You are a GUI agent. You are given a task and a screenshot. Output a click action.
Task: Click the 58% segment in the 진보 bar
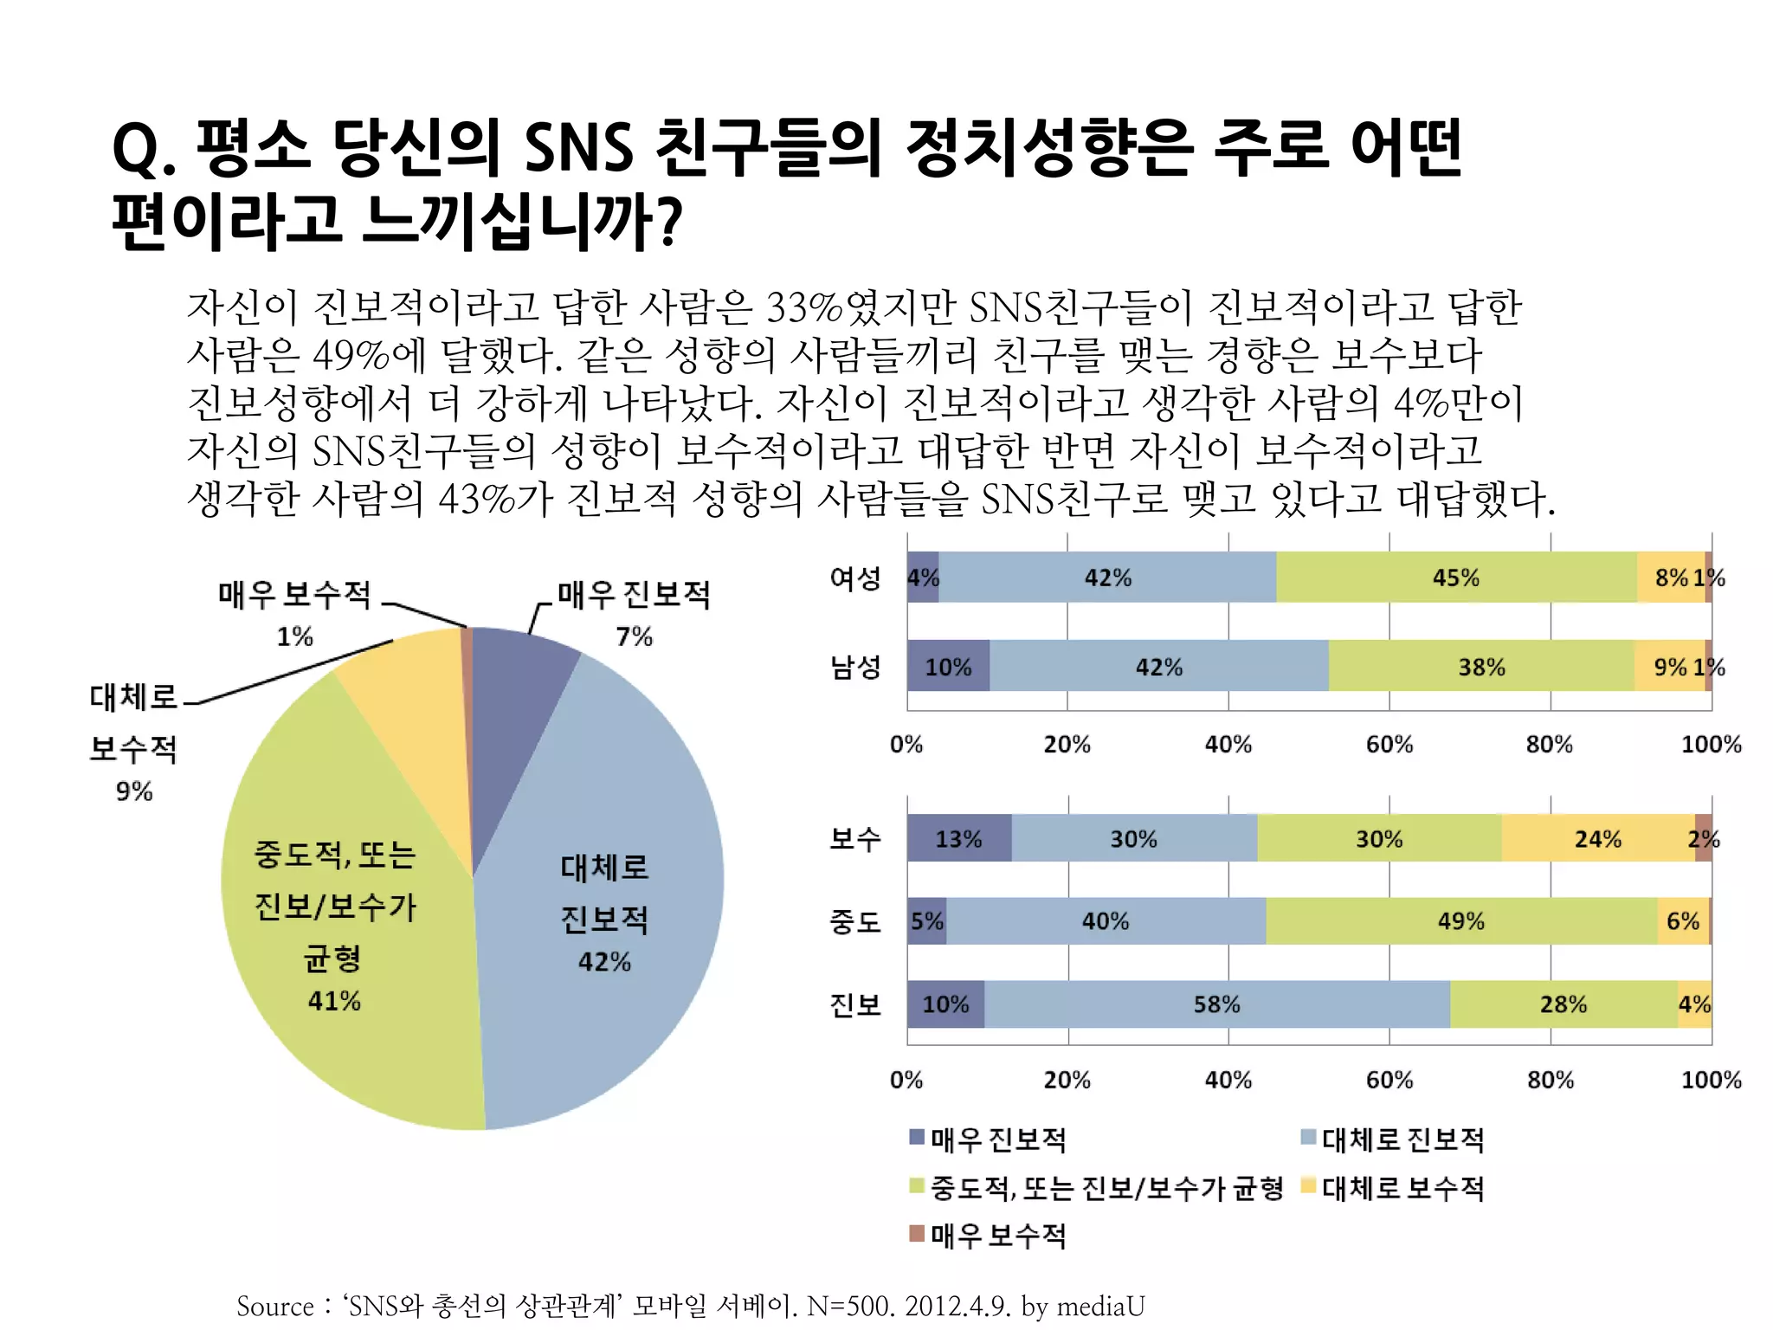pyautogui.click(x=1216, y=1004)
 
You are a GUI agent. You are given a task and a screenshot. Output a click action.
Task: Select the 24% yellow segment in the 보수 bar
pyautogui.click(x=1597, y=838)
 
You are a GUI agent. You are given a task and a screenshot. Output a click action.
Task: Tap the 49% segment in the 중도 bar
pyautogui.click(x=1460, y=921)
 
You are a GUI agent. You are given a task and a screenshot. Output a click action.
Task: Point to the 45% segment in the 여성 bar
pyautogui.click(x=1455, y=578)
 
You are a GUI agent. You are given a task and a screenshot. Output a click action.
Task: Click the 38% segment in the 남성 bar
pyautogui.click(x=1480, y=667)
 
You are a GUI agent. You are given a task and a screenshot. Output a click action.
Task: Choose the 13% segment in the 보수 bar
pyautogui.click(x=958, y=838)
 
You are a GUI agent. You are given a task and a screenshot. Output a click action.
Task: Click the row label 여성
pyautogui.click(x=855, y=578)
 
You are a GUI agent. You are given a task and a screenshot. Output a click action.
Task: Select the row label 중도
pyautogui.click(x=855, y=921)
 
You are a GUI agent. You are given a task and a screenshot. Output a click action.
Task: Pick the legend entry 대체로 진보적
pyautogui.click(x=1402, y=1140)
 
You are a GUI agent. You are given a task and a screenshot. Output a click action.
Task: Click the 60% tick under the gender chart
pyautogui.click(x=1389, y=745)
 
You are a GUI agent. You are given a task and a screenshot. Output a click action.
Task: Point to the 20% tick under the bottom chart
pyautogui.click(x=1067, y=1080)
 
